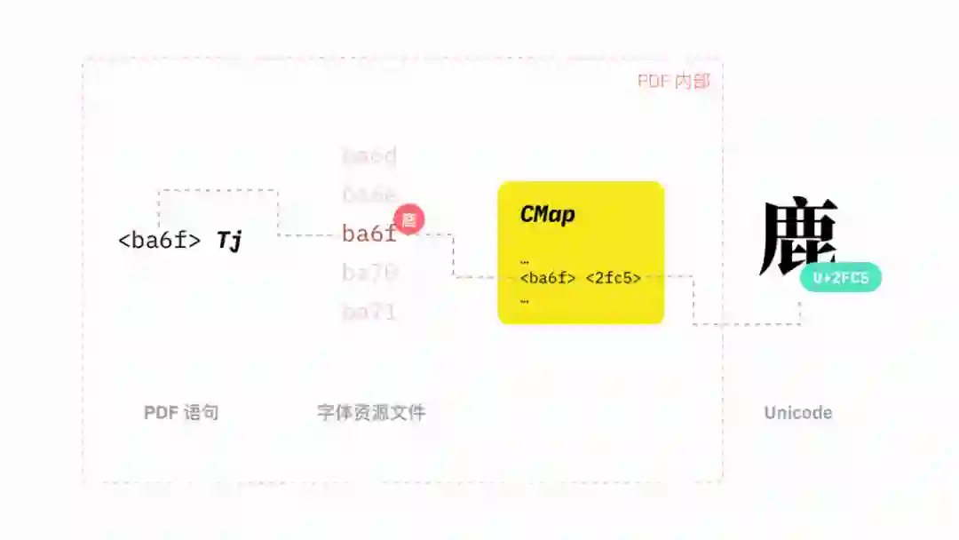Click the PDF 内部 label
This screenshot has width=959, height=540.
[x=674, y=82]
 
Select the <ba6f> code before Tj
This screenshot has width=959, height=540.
[x=160, y=240]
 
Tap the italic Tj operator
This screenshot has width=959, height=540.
[x=229, y=240]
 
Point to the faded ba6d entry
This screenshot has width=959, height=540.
[x=369, y=156]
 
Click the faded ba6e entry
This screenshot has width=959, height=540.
[x=369, y=195]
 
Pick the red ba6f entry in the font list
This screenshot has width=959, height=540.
[x=369, y=234]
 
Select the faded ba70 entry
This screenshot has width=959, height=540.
[x=369, y=273]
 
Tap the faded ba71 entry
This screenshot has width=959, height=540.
[x=369, y=312]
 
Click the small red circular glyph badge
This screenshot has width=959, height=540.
[x=409, y=219]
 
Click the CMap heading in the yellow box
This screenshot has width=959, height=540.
[x=547, y=214]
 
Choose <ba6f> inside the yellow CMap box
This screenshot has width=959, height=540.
[x=548, y=278]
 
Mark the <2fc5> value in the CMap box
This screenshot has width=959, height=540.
[x=614, y=278]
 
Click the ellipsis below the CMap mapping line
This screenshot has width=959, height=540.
[x=525, y=301]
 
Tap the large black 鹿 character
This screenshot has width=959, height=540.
[x=798, y=236]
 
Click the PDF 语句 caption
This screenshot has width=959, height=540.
[x=181, y=413]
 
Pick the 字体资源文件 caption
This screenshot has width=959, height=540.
[x=371, y=413]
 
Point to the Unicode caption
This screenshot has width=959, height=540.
[x=798, y=413]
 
